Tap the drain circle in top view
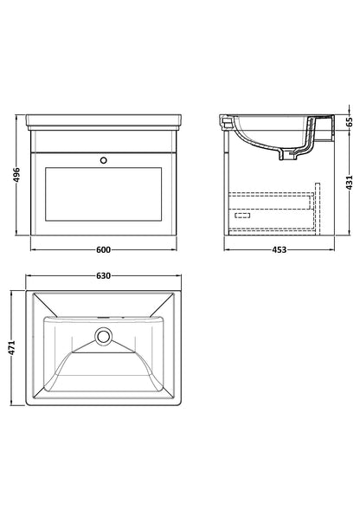click(x=104, y=335)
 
